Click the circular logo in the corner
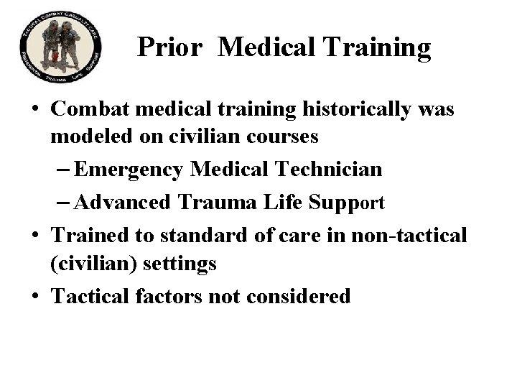coord(60,48)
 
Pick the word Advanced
coord(121,203)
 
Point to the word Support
coord(347,203)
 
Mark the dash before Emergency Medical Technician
coord(63,170)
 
